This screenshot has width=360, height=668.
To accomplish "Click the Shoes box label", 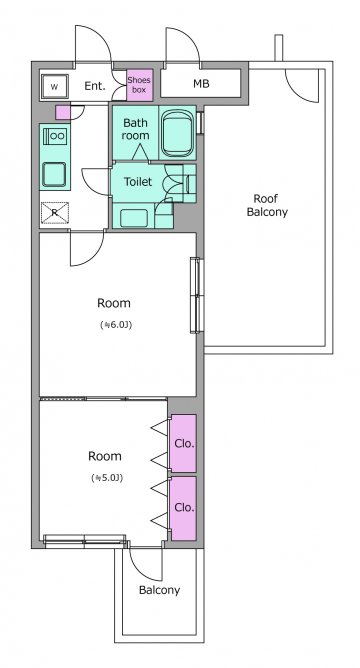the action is pyautogui.click(x=139, y=85).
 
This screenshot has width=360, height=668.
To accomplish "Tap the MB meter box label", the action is pyautogui.click(x=201, y=84).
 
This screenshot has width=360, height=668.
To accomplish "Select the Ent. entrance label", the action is pyautogui.click(x=95, y=86).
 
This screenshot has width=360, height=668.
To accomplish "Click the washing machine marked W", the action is pyautogui.click(x=54, y=87).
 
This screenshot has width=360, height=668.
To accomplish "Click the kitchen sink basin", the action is pyautogui.click(x=54, y=174).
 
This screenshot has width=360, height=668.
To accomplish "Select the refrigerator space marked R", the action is pyautogui.click(x=55, y=213).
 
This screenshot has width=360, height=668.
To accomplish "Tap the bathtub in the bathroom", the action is pyautogui.click(x=178, y=132).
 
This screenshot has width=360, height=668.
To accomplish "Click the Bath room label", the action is pyautogui.click(x=136, y=129).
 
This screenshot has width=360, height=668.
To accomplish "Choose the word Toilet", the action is pyautogui.click(x=138, y=181).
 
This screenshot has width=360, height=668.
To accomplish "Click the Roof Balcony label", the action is pyautogui.click(x=267, y=205).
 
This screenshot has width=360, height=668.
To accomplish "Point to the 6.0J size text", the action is pyautogui.click(x=116, y=325).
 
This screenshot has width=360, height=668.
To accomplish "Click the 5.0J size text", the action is pyautogui.click(x=107, y=478).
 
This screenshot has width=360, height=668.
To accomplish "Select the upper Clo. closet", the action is pyautogui.click(x=183, y=443).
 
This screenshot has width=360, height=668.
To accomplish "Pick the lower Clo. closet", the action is pyautogui.click(x=183, y=508).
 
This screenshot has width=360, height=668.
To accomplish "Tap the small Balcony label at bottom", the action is pyautogui.click(x=159, y=590).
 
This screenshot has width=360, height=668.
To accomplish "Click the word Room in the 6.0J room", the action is pyautogui.click(x=114, y=303).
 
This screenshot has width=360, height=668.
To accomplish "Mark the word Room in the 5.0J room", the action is pyautogui.click(x=105, y=456).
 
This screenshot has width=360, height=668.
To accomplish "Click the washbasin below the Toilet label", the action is pyautogui.click(x=134, y=218).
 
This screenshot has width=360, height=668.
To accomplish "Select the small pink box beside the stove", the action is pyautogui.click(x=63, y=112).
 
